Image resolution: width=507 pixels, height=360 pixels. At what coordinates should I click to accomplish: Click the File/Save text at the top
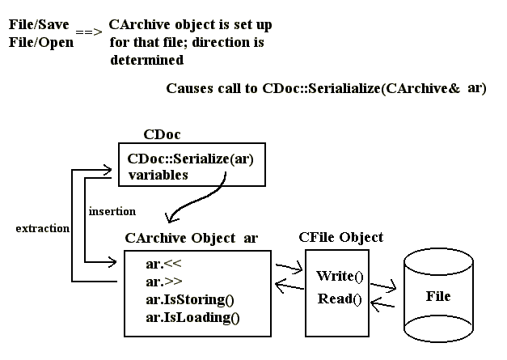click(39, 25)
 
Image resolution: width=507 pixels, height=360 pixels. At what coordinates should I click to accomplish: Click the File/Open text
click(40, 41)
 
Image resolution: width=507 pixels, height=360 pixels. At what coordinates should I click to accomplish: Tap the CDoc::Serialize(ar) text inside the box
click(190, 159)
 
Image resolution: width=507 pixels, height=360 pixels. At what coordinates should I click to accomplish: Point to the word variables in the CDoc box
click(158, 174)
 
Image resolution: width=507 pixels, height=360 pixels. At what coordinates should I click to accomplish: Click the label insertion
click(112, 212)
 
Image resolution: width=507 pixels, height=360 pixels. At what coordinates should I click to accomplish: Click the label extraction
click(42, 229)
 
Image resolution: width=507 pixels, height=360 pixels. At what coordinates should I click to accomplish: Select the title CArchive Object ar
click(192, 238)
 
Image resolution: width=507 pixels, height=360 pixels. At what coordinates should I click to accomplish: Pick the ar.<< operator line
click(159, 264)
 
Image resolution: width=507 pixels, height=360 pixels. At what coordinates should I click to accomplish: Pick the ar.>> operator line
click(159, 282)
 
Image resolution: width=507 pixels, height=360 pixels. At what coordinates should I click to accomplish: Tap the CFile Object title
click(340, 238)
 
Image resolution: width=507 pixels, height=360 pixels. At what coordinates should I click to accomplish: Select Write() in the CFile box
click(340, 277)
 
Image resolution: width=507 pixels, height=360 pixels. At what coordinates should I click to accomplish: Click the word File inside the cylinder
click(437, 296)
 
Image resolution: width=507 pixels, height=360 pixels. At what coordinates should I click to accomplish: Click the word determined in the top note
click(146, 60)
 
